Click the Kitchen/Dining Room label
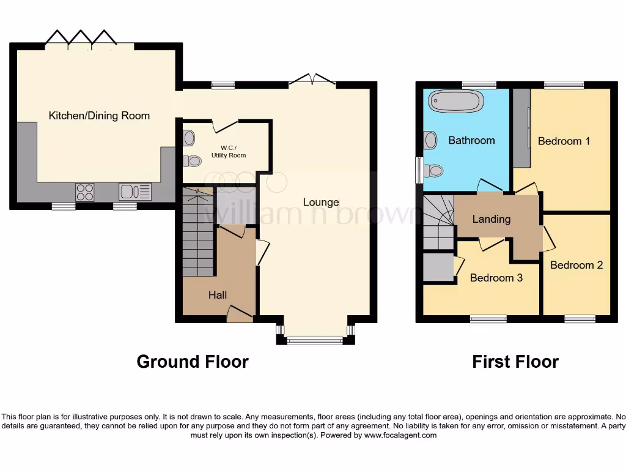coord(99,116)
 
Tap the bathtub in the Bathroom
coord(456,101)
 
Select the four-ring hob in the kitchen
coord(85,192)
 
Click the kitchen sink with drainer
coord(135,192)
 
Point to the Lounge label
coord(321,203)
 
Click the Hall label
coord(218,295)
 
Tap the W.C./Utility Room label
coord(229,151)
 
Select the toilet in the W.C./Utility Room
coord(193,161)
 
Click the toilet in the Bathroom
coord(434,171)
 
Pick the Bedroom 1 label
coord(564,141)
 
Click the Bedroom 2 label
coord(576,265)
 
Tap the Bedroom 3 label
coord(496,278)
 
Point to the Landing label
coord(492,219)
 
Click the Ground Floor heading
coord(193,362)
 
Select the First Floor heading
coord(515,362)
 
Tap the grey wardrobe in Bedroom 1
coord(521,127)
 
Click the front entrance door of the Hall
coord(239,314)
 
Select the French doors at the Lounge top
coord(312,80)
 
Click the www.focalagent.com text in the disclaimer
coord(400,436)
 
